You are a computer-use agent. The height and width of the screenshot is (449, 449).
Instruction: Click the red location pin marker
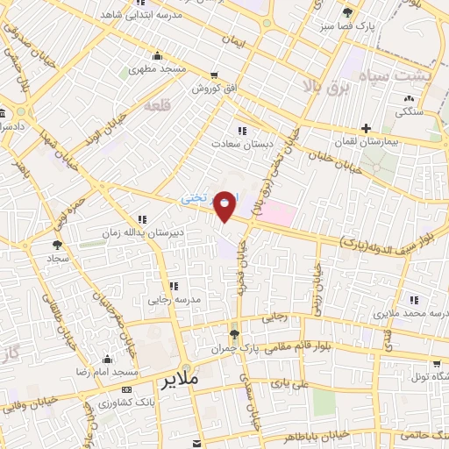pos(225,205)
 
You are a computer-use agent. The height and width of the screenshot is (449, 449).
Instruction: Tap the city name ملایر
pos(182,381)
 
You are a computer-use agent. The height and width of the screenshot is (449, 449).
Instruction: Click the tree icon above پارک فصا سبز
pos(348,12)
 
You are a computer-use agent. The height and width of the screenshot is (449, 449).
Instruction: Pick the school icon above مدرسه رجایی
pos(174,286)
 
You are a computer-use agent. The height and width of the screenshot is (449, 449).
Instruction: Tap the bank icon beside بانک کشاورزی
pos(127,389)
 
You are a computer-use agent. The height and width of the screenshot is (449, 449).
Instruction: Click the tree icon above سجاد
pos(58,246)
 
